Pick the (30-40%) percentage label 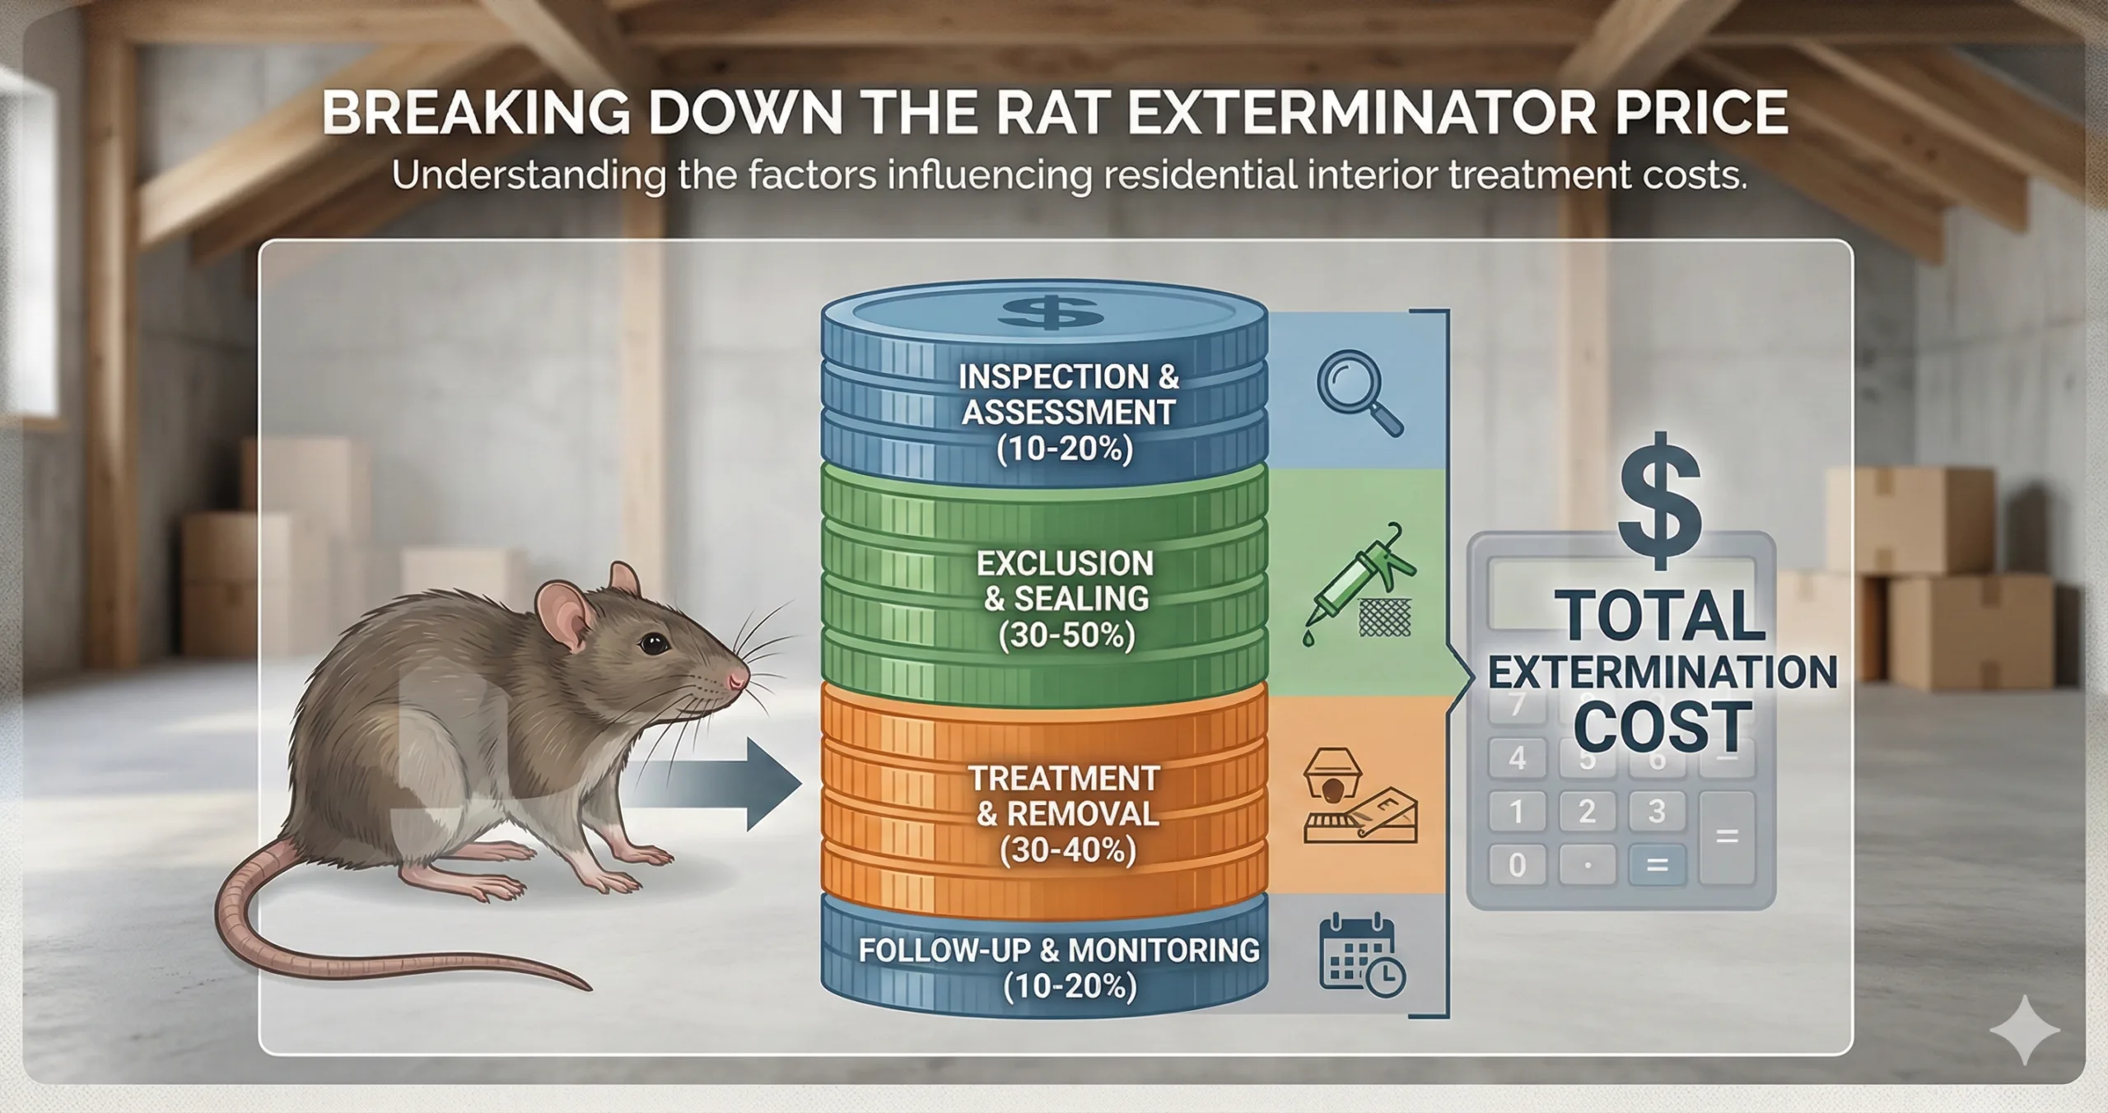tap(1068, 850)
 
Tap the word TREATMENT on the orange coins tap(1063, 778)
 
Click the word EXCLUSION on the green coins tap(1065, 564)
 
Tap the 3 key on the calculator tap(1657, 811)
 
